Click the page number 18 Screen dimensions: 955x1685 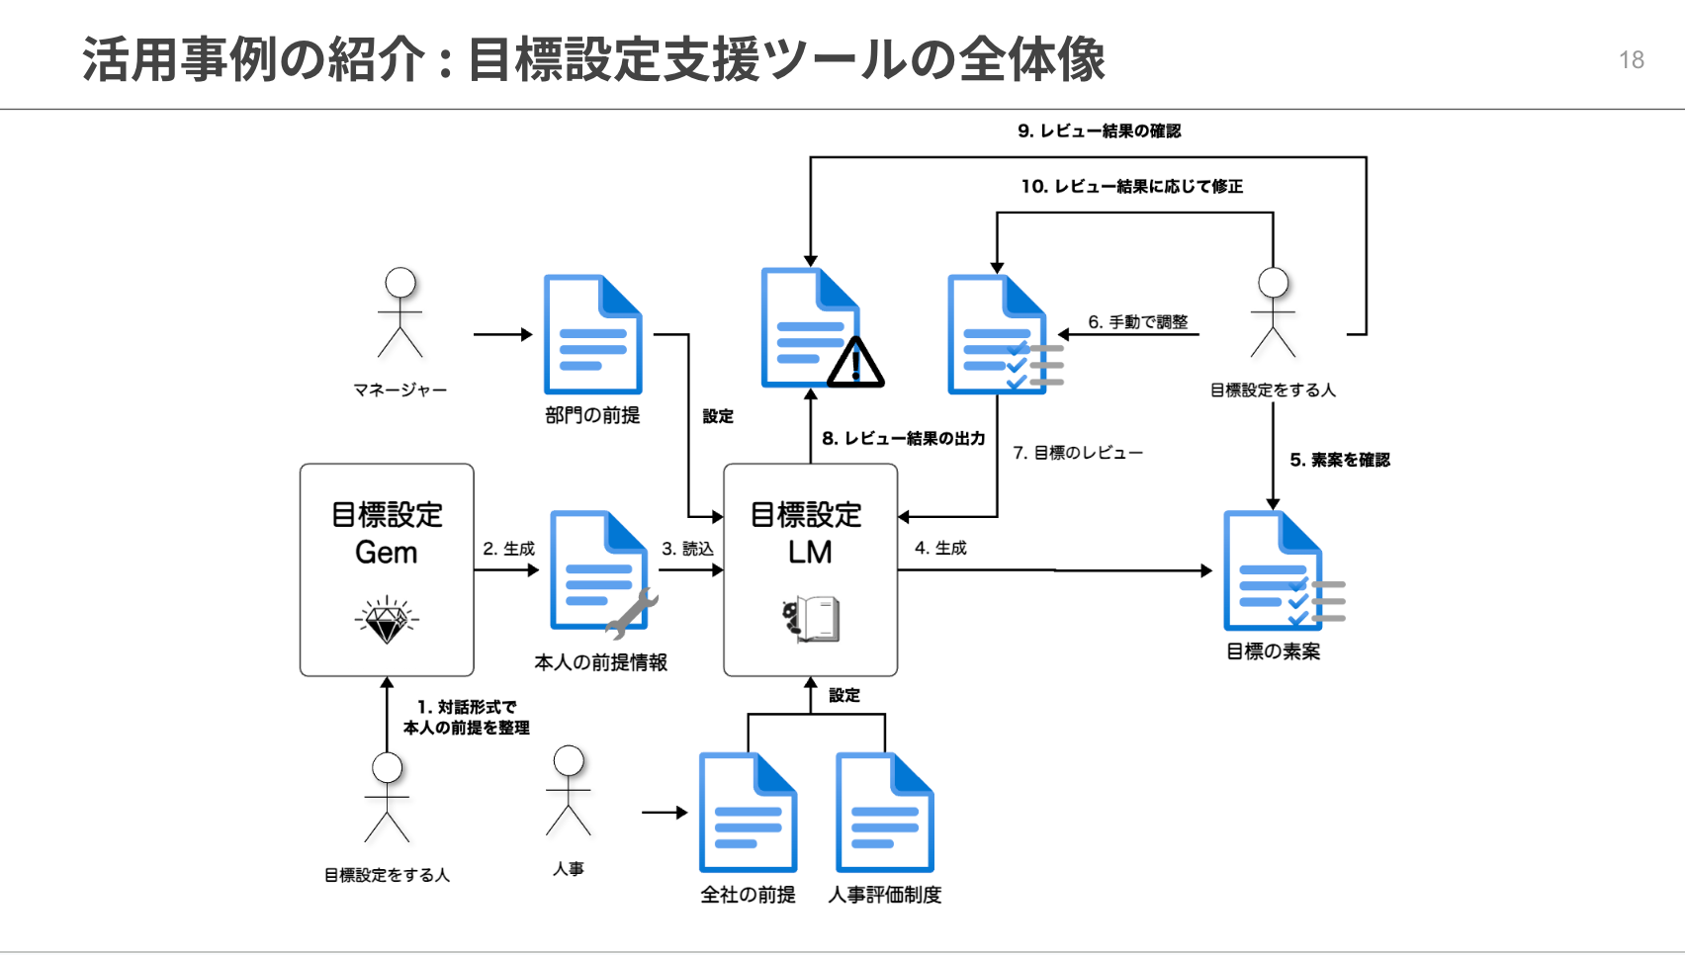click(1631, 60)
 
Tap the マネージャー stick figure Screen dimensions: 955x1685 click(400, 312)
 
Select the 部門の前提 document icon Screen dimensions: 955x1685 click(592, 335)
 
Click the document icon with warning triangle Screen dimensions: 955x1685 click(816, 329)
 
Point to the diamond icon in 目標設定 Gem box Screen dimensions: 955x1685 click(387, 620)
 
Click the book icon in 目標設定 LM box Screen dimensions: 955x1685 click(812, 620)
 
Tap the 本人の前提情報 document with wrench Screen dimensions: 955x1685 click(600, 572)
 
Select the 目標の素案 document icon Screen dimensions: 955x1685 click(1277, 571)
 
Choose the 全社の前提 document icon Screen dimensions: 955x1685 click(748, 813)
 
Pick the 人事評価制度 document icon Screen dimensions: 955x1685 click(884, 813)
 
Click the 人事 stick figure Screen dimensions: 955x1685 click(569, 791)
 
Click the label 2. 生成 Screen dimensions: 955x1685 click(508, 549)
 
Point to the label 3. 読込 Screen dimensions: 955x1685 click(687, 549)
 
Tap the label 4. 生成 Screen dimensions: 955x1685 click(940, 548)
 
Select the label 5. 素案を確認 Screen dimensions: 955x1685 click(1340, 460)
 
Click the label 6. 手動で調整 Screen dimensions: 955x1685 click(1137, 322)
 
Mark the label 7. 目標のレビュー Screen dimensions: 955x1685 click(1077, 453)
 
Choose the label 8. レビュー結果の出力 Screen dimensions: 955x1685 click(903, 438)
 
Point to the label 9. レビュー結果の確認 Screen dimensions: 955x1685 click(1099, 130)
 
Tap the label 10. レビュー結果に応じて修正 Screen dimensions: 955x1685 click(1131, 186)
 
